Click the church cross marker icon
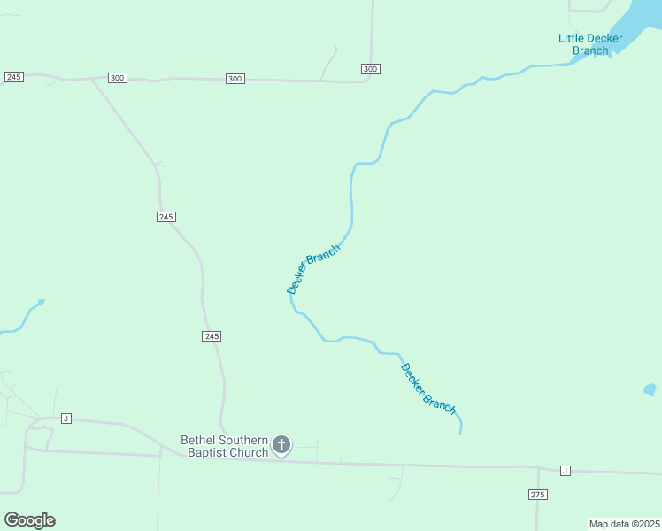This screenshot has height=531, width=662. pyautogui.click(x=281, y=444)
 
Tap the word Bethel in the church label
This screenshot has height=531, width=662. pyautogui.click(x=198, y=440)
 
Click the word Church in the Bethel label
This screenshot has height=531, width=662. pyautogui.click(x=249, y=453)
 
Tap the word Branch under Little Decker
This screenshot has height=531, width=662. pyautogui.click(x=590, y=50)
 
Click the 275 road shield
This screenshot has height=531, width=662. pyautogui.click(x=537, y=494)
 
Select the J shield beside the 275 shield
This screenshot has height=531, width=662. pyautogui.click(x=565, y=470)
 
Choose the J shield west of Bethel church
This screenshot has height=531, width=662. pyautogui.click(x=65, y=418)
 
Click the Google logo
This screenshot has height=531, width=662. pyautogui.click(x=29, y=520)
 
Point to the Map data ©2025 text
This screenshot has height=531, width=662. pyautogui.click(x=624, y=524)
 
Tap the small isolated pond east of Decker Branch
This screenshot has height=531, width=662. pyautogui.click(x=650, y=389)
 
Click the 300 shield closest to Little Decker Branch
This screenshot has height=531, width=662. pyautogui.click(x=370, y=69)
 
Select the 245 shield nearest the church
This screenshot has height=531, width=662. pyautogui.click(x=211, y=336)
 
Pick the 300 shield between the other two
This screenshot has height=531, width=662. pyautogui.click(x=235, y=79)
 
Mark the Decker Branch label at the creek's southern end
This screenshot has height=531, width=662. pyautogui.click(x=428, y=389)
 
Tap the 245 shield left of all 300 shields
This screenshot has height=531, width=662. pyautogui.click(x=13, y=77)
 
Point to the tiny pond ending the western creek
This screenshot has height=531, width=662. pyautogui.click(x=41, y=302)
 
